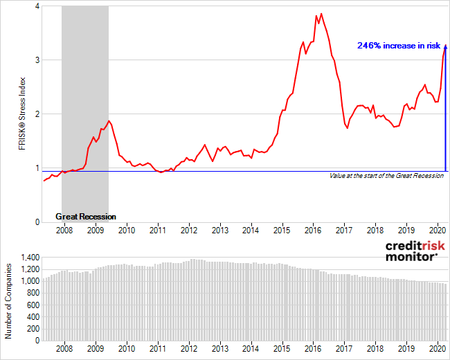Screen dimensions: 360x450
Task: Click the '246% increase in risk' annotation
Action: coord(399,46)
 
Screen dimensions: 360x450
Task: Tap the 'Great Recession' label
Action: coord(86,217)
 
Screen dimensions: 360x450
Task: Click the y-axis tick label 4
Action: coord(36,6)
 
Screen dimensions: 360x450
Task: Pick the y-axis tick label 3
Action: coord(36,60)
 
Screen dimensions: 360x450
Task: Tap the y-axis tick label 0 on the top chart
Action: coord(36,222)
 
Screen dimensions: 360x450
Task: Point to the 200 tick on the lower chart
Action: coord(33,329)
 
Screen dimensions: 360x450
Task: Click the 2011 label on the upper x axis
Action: coord(157,230)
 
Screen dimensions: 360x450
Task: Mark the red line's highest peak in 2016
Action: coord(321,13)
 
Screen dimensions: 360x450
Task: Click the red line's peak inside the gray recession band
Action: coord(109,121)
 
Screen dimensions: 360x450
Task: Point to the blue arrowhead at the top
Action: coord(445,48)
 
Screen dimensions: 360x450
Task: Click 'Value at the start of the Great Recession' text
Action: coord(386,177)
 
